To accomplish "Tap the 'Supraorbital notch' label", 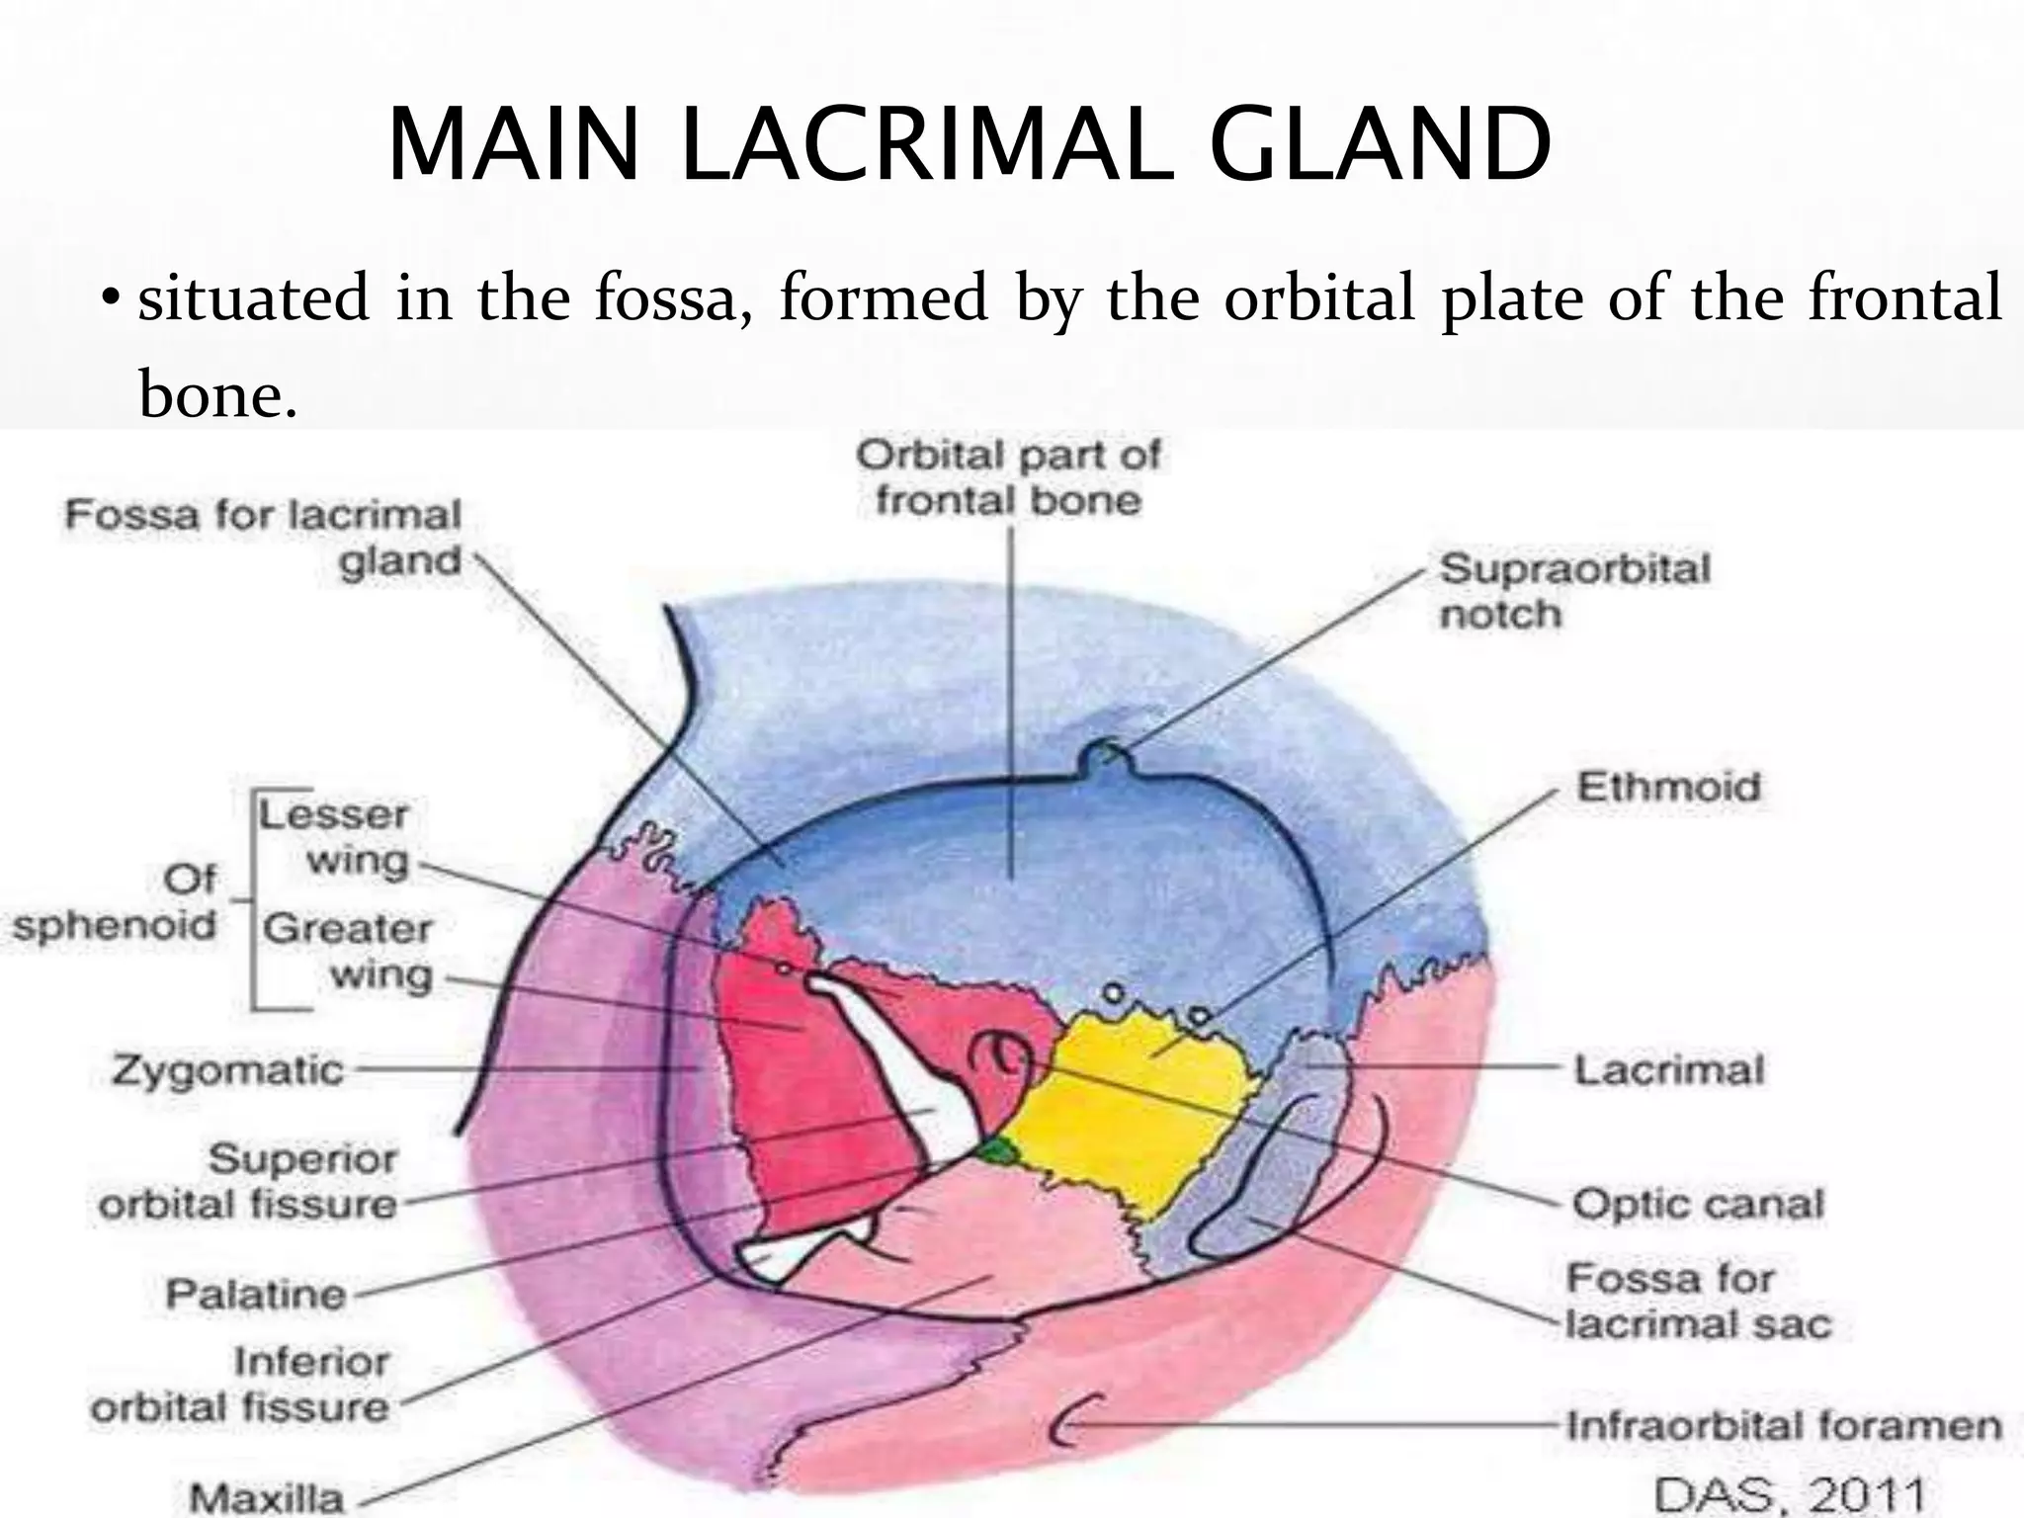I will pyautogui.click(x=1573, y=591).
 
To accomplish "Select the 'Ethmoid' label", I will pyautogui.click(x=1667, y=788).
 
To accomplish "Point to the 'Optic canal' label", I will pyautogui.click(x=1697, y=1204).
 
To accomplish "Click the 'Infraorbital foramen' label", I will pyautogui.click(x=1783, y=1426).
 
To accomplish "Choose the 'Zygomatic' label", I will pyautogui.click(x=227, y=1070).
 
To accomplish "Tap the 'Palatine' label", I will pyautogui.click(x=255, y=1294).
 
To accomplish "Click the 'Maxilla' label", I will pyautogui.click(x=266, y=1497).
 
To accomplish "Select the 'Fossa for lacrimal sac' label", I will pyautogui.click(x=1697, y=1301).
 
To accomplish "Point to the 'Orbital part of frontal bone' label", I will pyautogui.click(x=1008, y=478).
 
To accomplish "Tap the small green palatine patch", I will pyautogui.click(x=999, y=1150).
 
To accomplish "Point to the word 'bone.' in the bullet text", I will pyautogui.click(x=217, y=394).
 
